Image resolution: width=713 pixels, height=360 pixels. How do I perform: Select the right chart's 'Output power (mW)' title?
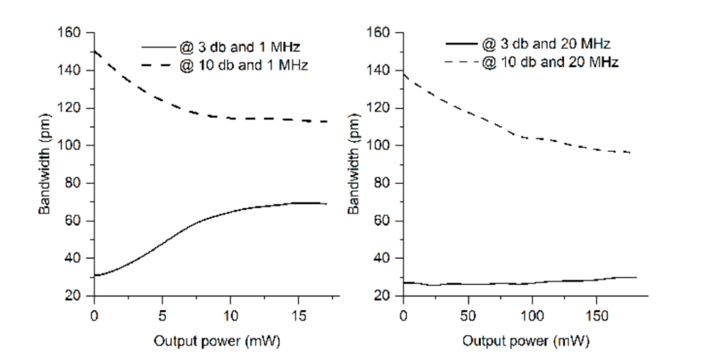point(528,343)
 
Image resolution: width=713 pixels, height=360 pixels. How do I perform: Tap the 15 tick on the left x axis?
point(299,315)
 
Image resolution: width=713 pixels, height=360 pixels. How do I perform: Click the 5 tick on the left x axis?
point(162,315)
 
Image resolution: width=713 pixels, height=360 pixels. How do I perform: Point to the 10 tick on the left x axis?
point(230,315)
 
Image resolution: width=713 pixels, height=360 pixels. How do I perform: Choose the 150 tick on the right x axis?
point(596,315)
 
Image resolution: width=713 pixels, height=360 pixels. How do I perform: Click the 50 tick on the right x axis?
point(468,315)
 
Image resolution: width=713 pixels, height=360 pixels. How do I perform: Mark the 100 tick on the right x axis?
point(532,315)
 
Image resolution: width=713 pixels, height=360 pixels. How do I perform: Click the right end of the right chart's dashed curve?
point(630,152)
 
